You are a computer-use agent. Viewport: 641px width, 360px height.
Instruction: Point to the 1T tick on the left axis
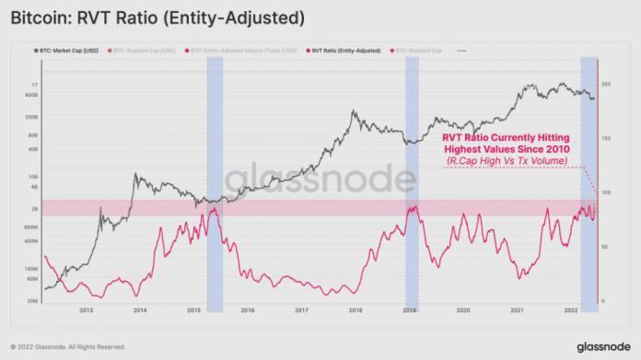(30, 84)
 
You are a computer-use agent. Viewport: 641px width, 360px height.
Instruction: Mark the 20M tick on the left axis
(29, 301)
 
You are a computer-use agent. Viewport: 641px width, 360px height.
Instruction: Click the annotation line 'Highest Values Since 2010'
(507, 148)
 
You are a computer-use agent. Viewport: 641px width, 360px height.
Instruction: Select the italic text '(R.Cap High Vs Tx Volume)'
(507, 161)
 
